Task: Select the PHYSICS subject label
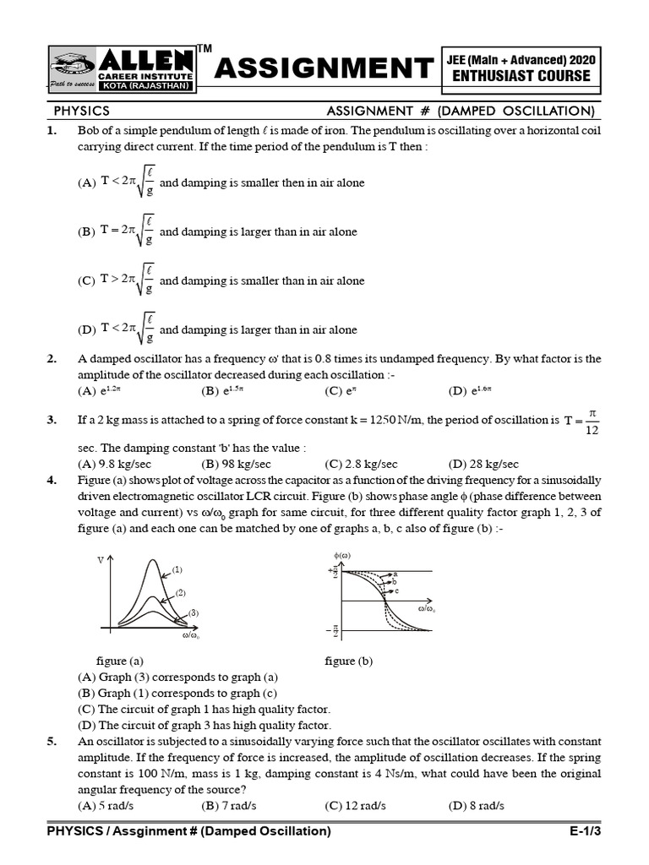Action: click(x=82, y=112)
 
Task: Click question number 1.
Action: click(x=52, y=131)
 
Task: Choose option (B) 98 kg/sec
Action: click(x=236, y=464)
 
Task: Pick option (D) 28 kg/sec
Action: click(x=483, y=464)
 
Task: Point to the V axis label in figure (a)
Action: click(x=100, y=561)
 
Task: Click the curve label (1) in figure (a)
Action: click(x=177, y=570)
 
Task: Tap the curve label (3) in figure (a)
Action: click(x=193, y=612)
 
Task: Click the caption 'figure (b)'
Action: click(x=348, y=661)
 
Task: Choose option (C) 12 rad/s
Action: click(x=355, y=806)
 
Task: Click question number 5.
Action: click(x=52, y=742)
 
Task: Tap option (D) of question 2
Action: click(x=470, y=391)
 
